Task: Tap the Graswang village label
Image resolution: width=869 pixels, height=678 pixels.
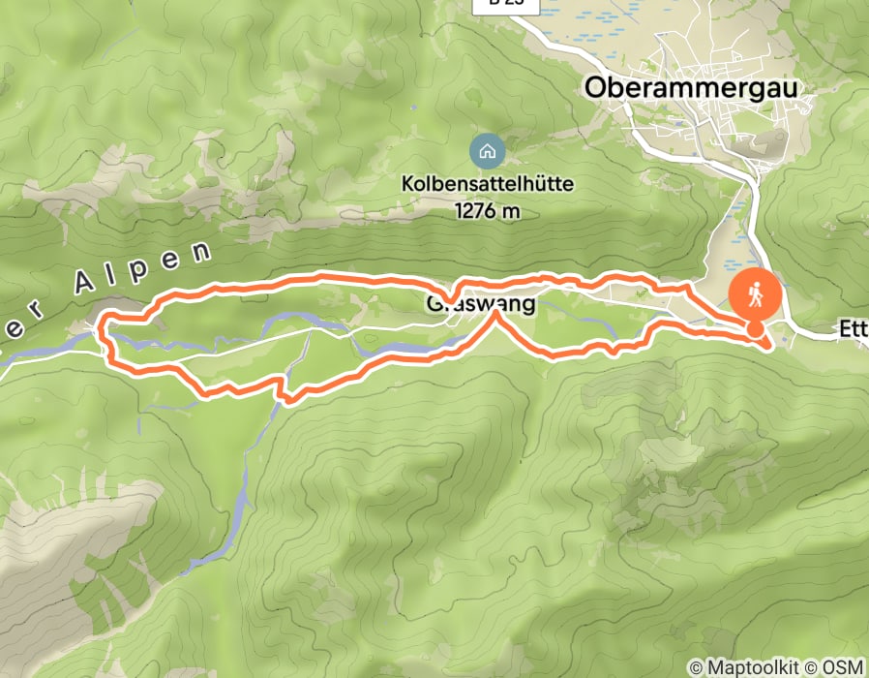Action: click(x=480, y=304)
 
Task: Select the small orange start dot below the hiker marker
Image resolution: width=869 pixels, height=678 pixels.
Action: click(x=754, y=330)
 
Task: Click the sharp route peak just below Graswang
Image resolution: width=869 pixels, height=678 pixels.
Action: click(x=496, y=314)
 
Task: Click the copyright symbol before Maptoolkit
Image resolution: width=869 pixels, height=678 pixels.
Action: click(x=695, y=667)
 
